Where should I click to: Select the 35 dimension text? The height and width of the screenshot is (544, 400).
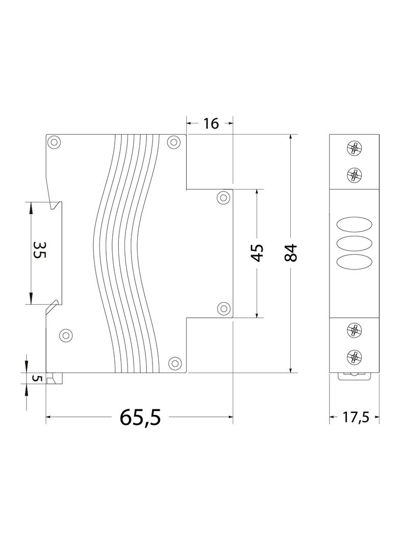pyautogui.click(x=39, y=250)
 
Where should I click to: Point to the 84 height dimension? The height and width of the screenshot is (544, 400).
pyautogui.click(x=290, y=253)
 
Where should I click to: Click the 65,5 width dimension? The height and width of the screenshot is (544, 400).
pyautogui.click(x=140, y=417)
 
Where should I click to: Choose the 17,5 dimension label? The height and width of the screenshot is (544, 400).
pyautogui.click(x=355, y=417)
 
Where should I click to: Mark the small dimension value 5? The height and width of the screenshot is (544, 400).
pyautogui.click(x=35, y=378)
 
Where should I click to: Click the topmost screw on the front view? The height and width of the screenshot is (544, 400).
pyautogui.click(x=354, y=149)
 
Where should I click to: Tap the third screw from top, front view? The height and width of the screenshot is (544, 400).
pyautogui.click(x=354, y=330)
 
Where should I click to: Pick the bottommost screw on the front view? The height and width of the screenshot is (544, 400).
pyautogui.click(x=354, y=356)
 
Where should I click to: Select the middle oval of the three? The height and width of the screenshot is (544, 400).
pyautogui.click(x=354, y=242)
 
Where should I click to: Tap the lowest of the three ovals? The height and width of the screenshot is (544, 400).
pyautogui.click(x=354, y=260)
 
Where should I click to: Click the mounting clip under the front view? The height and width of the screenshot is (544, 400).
pyautogui.click(x=354, y=376)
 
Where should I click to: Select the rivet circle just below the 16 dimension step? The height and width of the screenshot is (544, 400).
pyautogui.click(x=223, y=197)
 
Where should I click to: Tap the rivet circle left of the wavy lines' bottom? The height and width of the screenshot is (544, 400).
pyautogui.click(x=65, y=335)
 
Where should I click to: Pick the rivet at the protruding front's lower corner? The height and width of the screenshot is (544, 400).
pyautogui.click(x=223, y=308)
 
